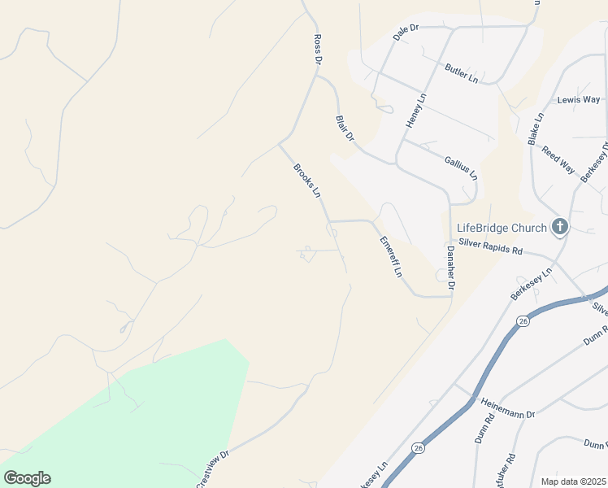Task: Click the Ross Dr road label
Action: (x=318, y=50)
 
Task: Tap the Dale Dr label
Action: (x=405, y=32)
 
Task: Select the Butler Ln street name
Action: (x=461, y=72)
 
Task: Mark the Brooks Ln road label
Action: (x=307, y=181)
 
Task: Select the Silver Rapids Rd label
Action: (x=489, y=246)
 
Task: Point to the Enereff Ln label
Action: (x=392, y=257)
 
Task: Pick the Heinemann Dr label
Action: (x=507, y=408)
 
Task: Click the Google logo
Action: (x=27, y=478)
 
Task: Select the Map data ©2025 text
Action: (x=573, y=481)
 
